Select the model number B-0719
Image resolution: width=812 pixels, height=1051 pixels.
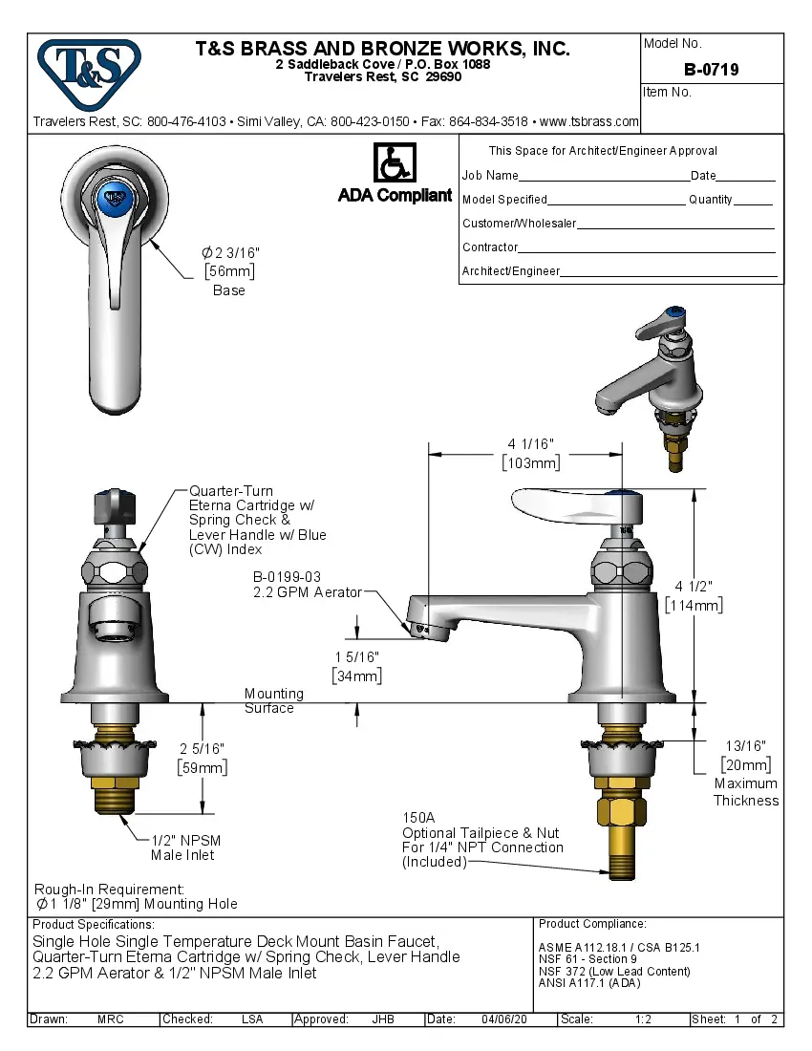[x=711, y=70]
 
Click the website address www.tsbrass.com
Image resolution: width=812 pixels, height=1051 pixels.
[x=588, y=121]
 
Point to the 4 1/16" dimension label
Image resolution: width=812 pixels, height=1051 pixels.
[x=531, y=443]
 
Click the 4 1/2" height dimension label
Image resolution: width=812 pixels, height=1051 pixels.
[x=694, y=586]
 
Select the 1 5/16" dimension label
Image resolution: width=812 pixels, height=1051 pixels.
[x=356, y=657]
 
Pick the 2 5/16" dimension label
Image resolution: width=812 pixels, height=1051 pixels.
[x=203, y=748]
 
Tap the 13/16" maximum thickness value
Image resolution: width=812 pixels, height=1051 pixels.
[x=745, y=745]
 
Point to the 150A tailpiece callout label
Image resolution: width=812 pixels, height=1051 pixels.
[x=418, y=818]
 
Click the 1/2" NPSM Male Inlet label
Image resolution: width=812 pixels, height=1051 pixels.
[x=185, y=841]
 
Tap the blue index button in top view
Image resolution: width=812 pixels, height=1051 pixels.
[x=114, y=198]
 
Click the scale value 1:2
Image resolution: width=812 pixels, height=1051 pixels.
[x=643, y=1019]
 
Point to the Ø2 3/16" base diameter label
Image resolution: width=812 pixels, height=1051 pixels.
[x=230, y=252]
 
